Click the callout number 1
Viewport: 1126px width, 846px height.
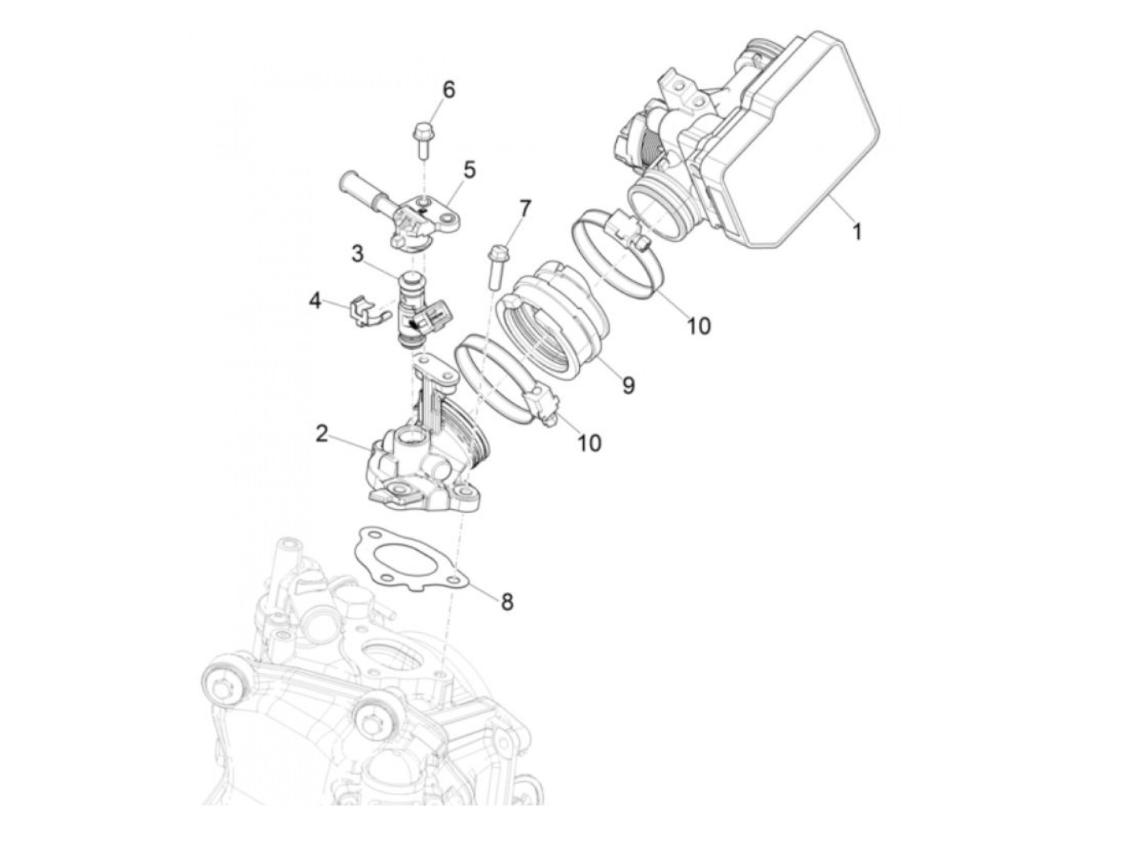(x=857, y=232)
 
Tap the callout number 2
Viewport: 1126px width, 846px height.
(x=322, y=434)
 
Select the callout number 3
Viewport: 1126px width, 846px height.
(x=357, y=256)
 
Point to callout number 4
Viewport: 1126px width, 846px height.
(x=315, y=302)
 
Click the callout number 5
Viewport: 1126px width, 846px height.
(x=469, y=170)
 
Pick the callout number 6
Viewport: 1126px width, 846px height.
(x=448, y=89)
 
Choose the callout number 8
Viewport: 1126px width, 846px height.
(x=507, y=601)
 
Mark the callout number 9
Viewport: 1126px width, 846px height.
(x=627, y=385)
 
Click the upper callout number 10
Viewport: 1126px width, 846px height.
(x=698, y=325)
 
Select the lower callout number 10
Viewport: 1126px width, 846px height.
(x=590, y=442)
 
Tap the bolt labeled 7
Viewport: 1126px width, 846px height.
(x=494, y=265)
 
